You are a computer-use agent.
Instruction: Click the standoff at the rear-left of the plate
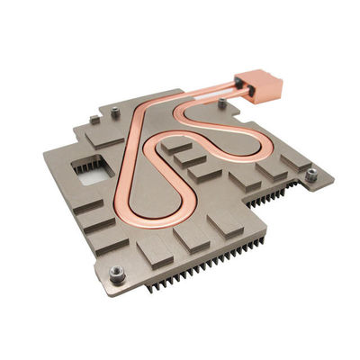click(115, 110)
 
